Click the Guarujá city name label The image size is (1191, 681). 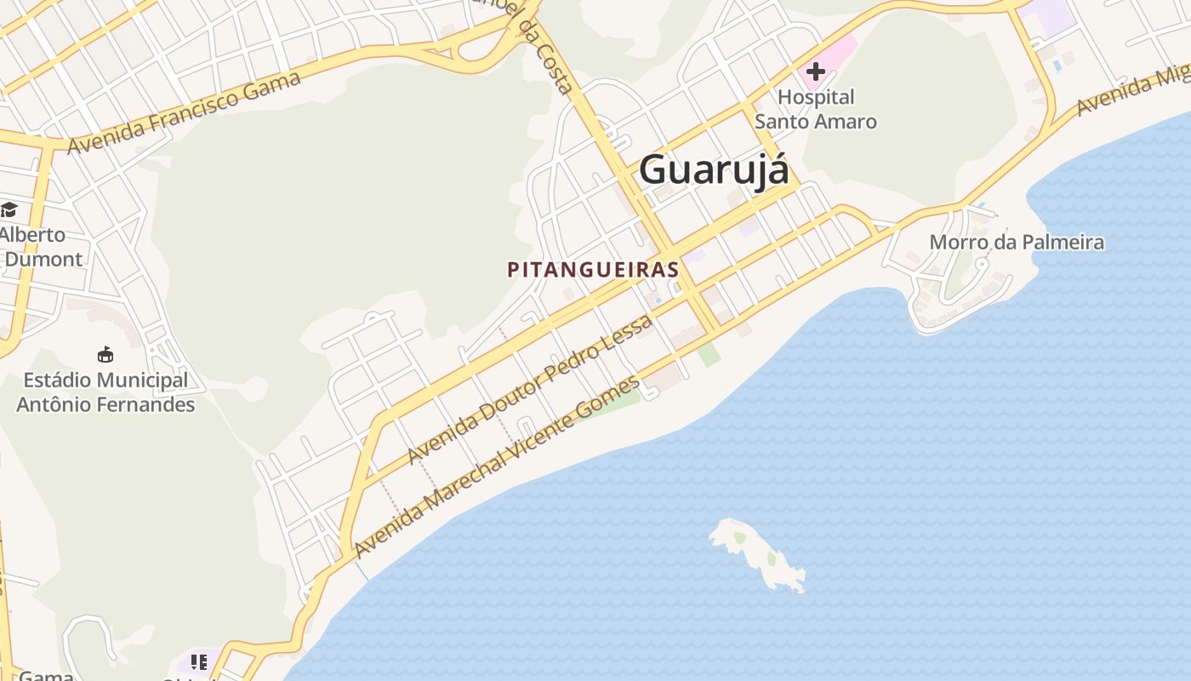tap(713, 169)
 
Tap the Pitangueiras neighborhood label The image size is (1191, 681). tap(593, 270)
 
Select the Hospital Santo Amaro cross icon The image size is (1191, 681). tap(816, 72)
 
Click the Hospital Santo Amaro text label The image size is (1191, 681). tap(816, 109)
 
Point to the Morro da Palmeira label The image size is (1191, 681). tap(1017, 242)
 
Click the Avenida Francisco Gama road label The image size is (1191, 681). tap(184, 113)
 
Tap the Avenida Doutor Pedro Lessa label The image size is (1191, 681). tap(530, 389)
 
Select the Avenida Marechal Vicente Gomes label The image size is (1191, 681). tap(497, 467)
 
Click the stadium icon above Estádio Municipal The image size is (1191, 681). tap(105, 354)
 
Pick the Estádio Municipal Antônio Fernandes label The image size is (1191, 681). tap(105, 392)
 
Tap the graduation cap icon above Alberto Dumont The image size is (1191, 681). tap(9, 209)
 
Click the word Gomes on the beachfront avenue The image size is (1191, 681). tap(607, 398)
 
